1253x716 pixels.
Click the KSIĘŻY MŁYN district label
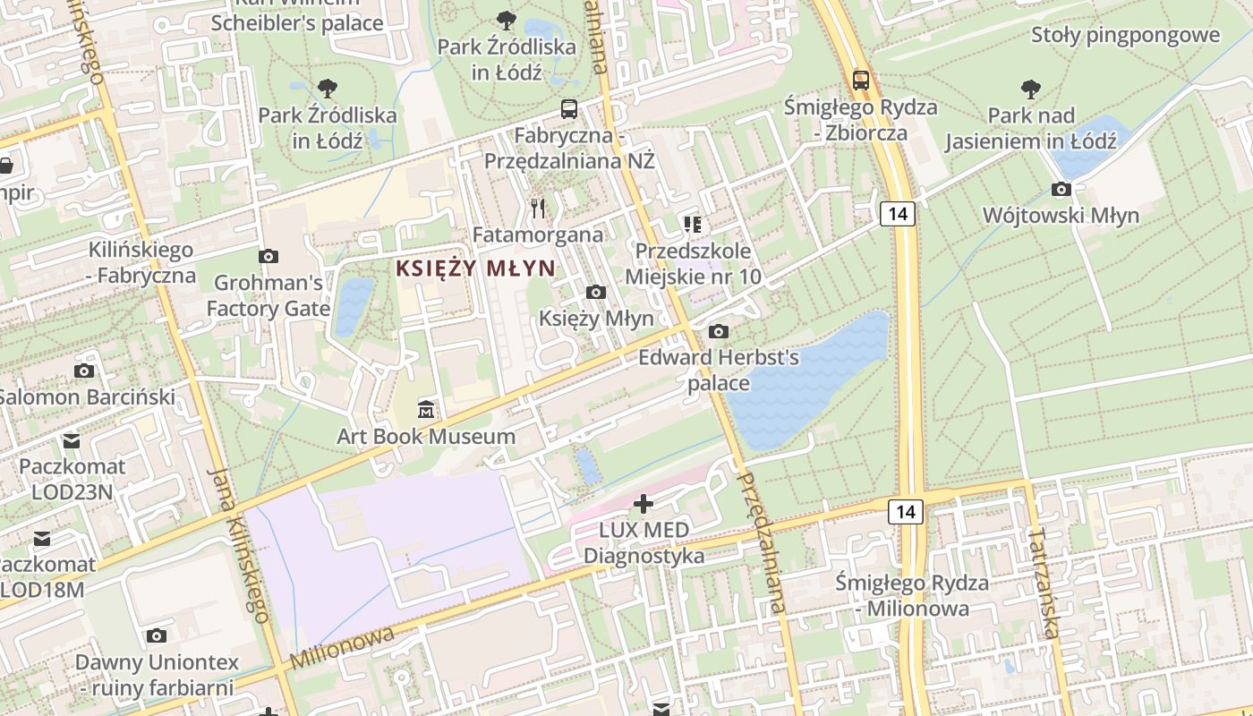[x=475, y=268]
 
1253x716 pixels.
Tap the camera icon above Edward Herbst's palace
[x=718, y=332]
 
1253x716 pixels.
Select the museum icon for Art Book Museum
[x=426, y=410]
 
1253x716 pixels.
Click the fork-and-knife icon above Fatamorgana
[x=537, y=209]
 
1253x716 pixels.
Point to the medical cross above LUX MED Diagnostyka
[x=644, y=504]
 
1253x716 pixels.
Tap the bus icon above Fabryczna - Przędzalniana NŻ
[x=568, y=109]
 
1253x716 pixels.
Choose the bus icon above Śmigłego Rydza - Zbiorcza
[x=860, y=81]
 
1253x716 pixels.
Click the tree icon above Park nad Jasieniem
[x=1031, y=89]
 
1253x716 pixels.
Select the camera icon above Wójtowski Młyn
[x=1061, y=190]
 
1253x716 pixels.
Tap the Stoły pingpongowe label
[x=1125, y=35]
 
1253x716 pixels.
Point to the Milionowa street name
[x=342, y=647]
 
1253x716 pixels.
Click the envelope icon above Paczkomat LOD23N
[x=71, y=440]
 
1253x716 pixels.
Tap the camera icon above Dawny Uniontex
[x=157, y=636]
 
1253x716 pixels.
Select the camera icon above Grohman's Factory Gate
[x=268, y=257]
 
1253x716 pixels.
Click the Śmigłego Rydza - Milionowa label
[x=911, y=595]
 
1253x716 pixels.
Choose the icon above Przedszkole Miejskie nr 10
[x=692, y=224]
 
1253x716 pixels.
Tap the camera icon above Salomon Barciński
[x=84, y=371]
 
